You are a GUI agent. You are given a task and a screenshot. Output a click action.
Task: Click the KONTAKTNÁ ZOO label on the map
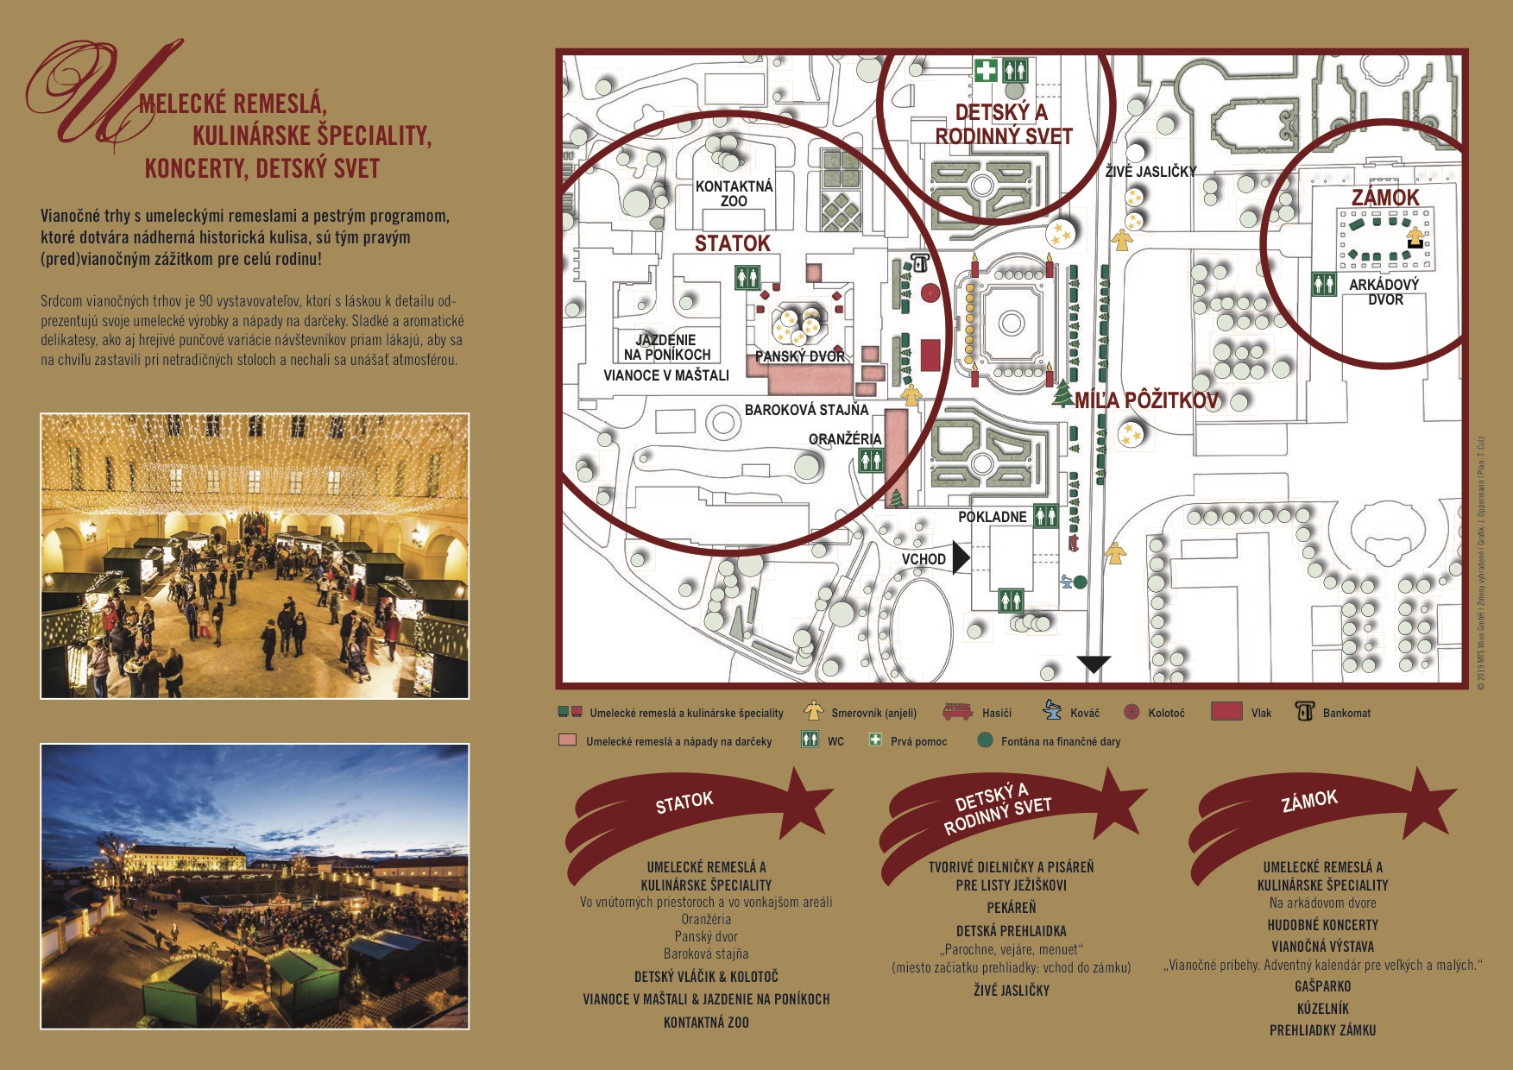click(x=734, y=193)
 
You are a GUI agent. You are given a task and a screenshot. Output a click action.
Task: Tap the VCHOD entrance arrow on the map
click(x=961, y=557)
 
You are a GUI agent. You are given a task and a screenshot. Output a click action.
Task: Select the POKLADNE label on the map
click(x=993, y=517)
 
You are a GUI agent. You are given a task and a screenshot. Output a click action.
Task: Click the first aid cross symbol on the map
click(x=986, y=69)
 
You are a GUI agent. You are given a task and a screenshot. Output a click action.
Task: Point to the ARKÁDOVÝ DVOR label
click(x=1384, y=292)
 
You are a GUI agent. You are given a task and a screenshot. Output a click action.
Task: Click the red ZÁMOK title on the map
click(x=1385, y=198)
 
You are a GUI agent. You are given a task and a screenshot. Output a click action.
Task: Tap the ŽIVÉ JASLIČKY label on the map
click(x=1151, y=172)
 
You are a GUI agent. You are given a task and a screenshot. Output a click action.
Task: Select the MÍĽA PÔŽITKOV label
click(x=1146, y=400)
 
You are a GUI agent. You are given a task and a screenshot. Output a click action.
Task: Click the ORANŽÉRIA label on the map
click(x=845, y=439)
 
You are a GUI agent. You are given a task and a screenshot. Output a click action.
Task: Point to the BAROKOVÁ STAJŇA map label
click(x=806, y=410)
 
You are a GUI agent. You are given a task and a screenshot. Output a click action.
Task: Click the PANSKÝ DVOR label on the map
click(x=800, y=356)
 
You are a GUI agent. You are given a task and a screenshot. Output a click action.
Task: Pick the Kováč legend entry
click(x=1071, y=712)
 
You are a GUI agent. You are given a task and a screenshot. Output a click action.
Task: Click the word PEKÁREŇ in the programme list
click(x=1012, y=908)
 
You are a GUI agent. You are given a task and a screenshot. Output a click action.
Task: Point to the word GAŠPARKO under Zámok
click(x=1323, y=986)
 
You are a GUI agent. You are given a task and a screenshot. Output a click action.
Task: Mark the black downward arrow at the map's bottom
click(x=1094, y=664)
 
